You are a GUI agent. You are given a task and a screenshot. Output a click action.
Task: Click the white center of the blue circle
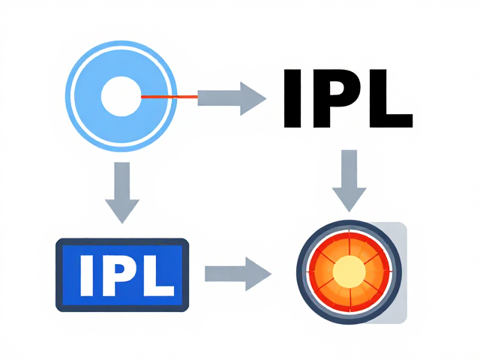(x=121, y=97)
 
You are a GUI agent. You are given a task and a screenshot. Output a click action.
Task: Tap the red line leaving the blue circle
(x=169, y=97)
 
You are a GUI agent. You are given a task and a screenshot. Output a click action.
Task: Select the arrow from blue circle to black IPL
(x=232, y=98)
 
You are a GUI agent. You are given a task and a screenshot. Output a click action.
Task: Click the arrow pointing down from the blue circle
(x=122, y=193)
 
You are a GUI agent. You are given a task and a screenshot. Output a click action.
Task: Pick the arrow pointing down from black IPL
(x=349, y=181)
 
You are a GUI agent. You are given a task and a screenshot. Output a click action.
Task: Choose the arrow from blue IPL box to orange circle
(x=238, y=274)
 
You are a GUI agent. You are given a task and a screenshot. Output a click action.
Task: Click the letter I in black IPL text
(x=292, y=98)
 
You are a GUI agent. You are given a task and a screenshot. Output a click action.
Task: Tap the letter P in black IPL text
(x=336, y=98)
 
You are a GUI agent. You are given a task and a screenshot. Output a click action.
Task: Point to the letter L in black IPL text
(x=391, y=98)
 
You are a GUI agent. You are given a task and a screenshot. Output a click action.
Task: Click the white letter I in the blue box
(x=87, y=276)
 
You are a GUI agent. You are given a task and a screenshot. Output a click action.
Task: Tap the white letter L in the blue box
(x=158, y=276)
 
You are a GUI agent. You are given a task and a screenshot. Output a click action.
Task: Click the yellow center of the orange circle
(x=349, y=271)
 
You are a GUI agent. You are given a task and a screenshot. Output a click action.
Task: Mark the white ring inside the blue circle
(x=73, y=96)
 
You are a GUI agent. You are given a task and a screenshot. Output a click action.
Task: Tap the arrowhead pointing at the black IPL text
(x=253, y=98)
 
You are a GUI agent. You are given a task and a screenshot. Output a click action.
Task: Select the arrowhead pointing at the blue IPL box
(x=122, y=211)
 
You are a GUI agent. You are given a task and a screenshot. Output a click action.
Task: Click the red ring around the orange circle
(x=311, y=271)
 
